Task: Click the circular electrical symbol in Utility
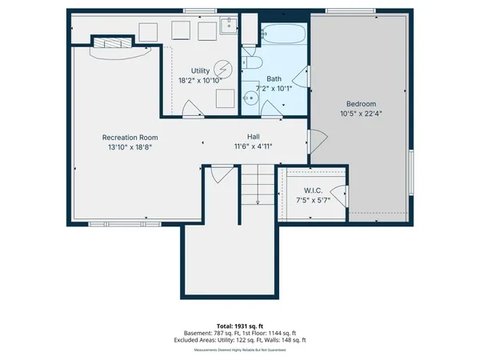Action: pos(224,68)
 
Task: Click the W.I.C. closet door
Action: pos(340,195)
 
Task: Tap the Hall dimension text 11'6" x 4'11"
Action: pos(253,146)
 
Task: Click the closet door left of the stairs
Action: pos(221,171)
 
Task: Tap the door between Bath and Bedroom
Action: pos(301,78)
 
